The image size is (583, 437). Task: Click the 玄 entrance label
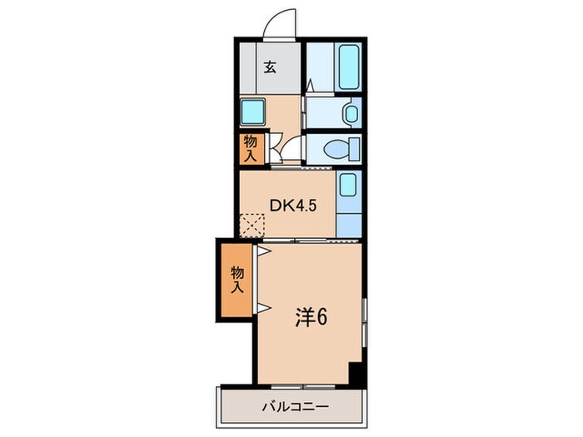point(271,67)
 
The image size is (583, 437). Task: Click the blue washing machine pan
point(252,111)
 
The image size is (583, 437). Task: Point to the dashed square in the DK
point(252,223)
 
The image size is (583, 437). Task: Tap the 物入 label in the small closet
point(251,147)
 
